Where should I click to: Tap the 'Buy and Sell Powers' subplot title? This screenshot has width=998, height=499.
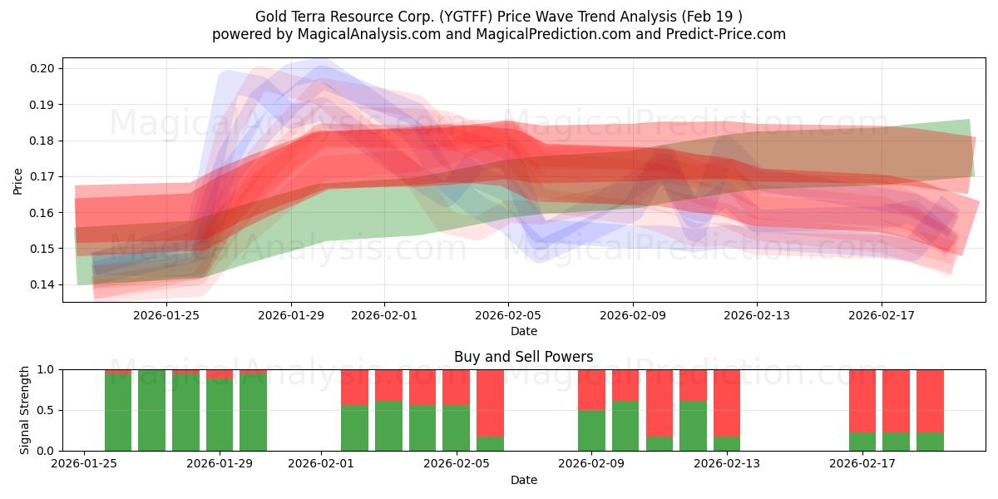tap(523, 357)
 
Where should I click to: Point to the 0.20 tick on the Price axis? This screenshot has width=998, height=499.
tap(42, 69)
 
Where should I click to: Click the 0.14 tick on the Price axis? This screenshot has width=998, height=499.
tap(42, 285)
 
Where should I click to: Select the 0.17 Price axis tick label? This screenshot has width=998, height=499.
tap(42, 177)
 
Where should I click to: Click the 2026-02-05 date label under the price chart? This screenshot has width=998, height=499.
tap(508, 316)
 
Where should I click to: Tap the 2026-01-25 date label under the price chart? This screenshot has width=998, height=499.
tap(166, 316)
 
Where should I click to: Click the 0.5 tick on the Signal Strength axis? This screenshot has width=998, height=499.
tap(45, 411)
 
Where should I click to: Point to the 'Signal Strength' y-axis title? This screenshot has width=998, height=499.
tap(25, 409)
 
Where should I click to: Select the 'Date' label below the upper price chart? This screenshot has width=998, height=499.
tap(523, 331)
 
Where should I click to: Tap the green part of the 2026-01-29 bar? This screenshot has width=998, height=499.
tap(220, 416)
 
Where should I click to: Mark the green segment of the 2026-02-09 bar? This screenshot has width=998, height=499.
tap(591, 430)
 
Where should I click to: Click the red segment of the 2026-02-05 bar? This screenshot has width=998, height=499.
tap(456, 387)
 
